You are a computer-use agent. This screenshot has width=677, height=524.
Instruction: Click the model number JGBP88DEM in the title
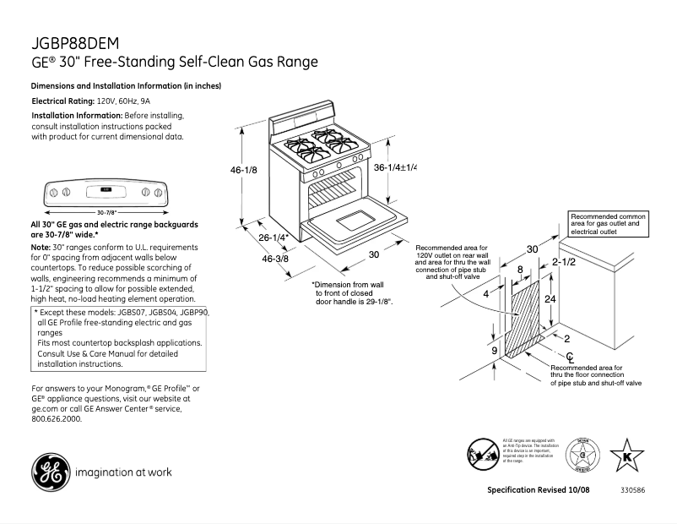[x=75, y=43]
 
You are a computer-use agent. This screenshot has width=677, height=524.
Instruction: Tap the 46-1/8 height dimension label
[x=244, y=170]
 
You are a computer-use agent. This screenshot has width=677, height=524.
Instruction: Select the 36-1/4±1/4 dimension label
[x=395, y=167]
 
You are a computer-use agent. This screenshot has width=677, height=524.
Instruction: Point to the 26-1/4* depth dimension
[x=274, y=237]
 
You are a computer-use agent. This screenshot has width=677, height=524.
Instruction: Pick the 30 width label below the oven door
[x=373, y=254]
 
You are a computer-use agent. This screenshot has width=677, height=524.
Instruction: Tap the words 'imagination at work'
[x=123, y=472]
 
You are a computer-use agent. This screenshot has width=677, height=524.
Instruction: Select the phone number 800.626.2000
[x=57, y=418]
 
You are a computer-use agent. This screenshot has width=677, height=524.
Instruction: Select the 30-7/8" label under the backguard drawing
[x=106, y=211]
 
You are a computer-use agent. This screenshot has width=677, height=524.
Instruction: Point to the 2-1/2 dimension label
[x=564, y=263]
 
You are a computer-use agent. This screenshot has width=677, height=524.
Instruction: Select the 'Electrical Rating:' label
[x=63, y=101]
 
